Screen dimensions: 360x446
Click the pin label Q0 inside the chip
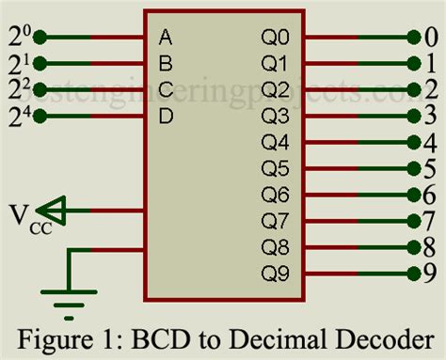[276, 39]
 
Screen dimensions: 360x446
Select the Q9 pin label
[276, 274]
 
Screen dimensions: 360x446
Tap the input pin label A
[166, 39]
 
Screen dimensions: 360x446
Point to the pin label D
[166, 117]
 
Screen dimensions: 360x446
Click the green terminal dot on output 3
[413, 117]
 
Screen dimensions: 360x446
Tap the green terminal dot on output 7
[413, 222]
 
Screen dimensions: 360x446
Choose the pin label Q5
[276, 169]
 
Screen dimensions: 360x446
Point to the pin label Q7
[276, 222]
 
